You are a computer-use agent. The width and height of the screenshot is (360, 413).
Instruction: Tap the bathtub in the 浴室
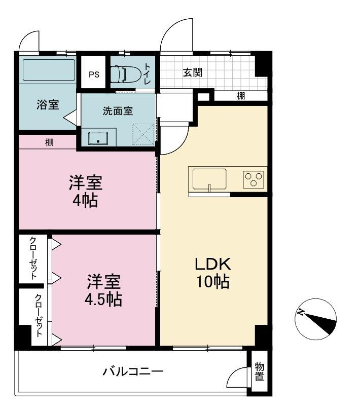[49, 70]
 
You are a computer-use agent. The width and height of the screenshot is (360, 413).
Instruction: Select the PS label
[94, 74]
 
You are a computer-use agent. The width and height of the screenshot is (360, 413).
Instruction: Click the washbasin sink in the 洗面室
[98, 138]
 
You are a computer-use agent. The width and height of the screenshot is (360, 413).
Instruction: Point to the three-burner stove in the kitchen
[254, 179]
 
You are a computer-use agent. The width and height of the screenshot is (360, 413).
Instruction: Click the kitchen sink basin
[209, 179]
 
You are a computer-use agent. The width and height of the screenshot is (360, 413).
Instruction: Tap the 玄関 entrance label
[193, 72]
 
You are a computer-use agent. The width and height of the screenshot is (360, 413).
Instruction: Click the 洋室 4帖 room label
[85, 191]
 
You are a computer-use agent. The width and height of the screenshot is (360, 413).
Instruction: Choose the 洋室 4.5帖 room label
[103, 290]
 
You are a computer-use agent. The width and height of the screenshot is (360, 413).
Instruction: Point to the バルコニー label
[133, 372]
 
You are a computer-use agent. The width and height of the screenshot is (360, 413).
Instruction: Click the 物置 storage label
[259, 371]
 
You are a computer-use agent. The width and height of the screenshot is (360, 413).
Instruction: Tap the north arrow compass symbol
[315, 319]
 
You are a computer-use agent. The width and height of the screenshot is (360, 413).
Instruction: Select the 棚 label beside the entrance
[241, 96]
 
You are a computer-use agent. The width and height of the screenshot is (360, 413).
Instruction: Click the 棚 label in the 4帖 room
[49, 142]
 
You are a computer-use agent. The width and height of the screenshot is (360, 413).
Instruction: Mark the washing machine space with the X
[143, 134]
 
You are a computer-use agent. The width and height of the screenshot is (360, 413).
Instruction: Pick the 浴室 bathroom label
[48, 104]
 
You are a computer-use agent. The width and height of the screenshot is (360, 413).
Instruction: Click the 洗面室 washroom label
[118, 111]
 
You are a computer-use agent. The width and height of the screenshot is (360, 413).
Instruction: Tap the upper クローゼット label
[33, 258]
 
